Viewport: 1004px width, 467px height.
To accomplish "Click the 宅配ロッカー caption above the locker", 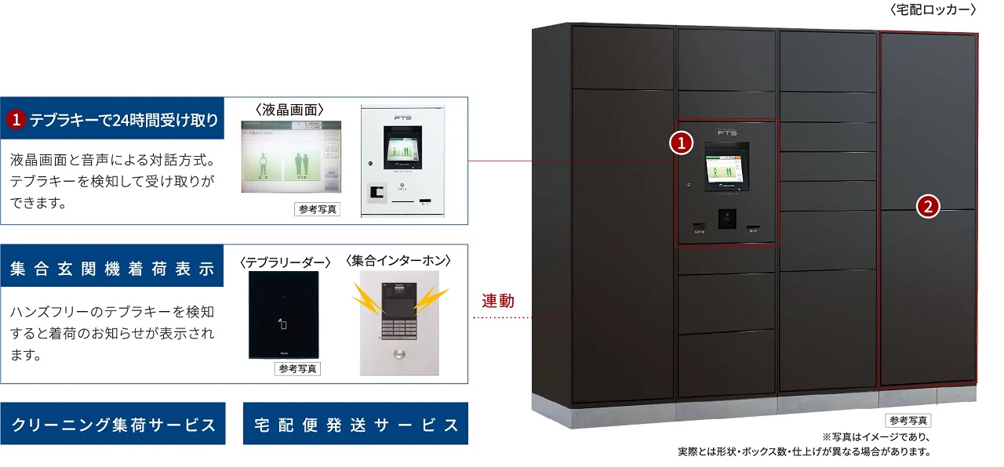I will click(933, 10).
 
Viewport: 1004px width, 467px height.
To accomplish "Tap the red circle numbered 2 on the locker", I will click(928, 207).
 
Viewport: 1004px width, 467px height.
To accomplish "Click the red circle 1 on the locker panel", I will click(681, 143).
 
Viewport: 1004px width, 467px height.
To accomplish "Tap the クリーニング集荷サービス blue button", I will click(113, 424).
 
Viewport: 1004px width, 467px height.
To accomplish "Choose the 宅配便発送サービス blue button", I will click(355, 424).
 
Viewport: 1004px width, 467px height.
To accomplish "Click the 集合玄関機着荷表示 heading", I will click(113, 269).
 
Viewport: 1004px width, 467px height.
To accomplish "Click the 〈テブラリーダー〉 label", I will click(284, 261).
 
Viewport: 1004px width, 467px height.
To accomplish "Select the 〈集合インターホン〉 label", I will click(398, 261).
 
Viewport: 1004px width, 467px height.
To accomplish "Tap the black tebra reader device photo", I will click(284, 314).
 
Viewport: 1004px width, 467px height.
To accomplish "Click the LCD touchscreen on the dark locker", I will click(726, 166).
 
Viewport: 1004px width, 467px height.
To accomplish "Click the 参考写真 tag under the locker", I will click(908, 420).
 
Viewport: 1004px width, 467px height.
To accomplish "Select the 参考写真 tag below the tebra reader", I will click(297, 368).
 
